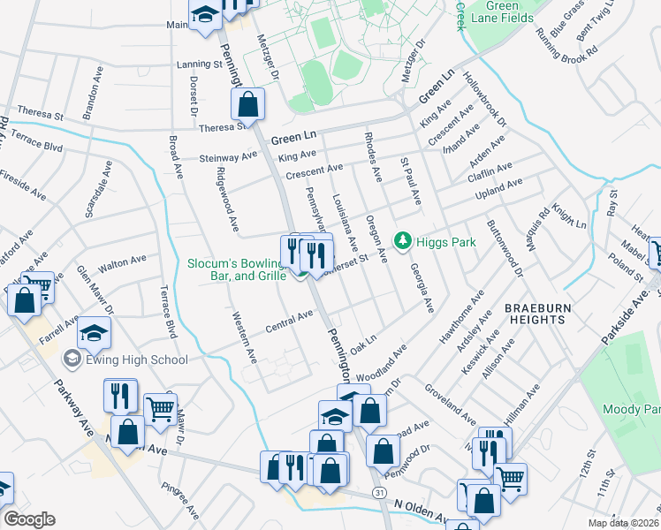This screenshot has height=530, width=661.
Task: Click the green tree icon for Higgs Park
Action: pos(403,240)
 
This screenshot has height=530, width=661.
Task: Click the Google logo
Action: pos(29,519)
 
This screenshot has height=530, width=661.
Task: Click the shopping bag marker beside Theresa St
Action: pos(248,104)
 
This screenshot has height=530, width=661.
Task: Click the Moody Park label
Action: pos(631,409)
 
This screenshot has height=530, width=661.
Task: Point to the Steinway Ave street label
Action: pos(230,158)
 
